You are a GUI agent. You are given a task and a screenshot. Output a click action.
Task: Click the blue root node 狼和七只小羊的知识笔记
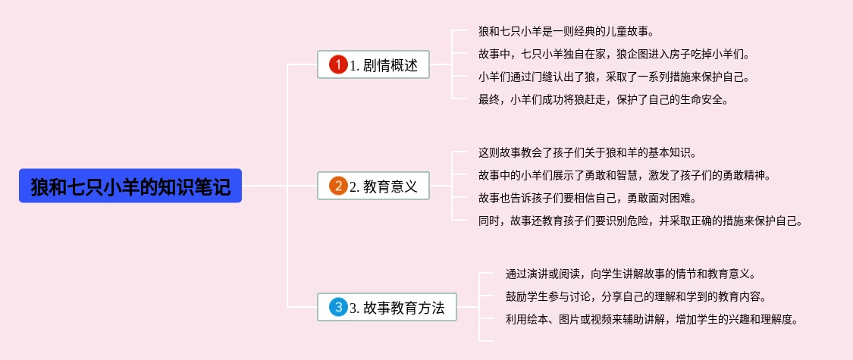coord(130,186)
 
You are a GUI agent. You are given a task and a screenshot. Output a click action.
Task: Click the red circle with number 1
coord(338,65)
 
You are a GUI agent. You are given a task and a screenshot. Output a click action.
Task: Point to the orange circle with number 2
coord(338,186)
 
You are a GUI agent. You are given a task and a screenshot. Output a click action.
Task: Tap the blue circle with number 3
coord(338,308)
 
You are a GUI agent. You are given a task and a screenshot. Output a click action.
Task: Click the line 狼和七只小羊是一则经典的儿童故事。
coord(566,32)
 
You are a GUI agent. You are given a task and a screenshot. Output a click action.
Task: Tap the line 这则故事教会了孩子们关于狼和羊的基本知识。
coord(588,153)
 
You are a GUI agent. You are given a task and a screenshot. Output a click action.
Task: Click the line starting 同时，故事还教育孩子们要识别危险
coord(641,221)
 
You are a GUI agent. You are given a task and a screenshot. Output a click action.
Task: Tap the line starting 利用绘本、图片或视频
coord(651,319)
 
